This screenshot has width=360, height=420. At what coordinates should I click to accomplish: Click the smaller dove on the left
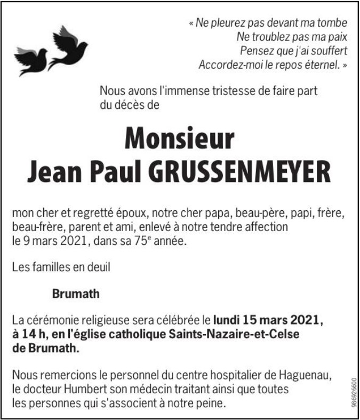coord(31,61)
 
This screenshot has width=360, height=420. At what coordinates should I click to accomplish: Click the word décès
coord(130,105)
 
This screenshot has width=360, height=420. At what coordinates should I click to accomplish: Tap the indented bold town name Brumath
coord(76,294)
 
